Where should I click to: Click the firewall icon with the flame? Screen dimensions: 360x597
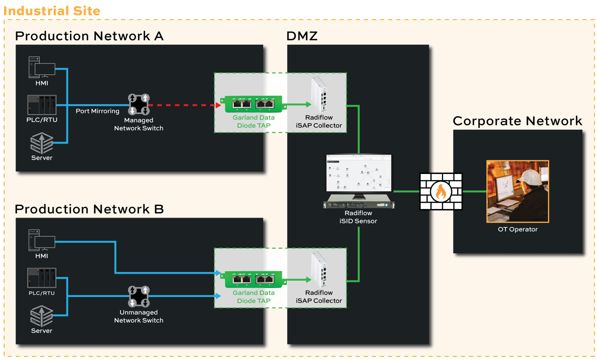tap(441, 192)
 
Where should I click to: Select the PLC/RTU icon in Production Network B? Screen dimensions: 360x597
tap(42, 278)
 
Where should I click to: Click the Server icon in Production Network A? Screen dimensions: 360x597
tap(42, 143)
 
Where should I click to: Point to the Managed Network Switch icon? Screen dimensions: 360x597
tap(139, 104)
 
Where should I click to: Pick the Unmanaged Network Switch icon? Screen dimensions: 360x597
tap(139, 296)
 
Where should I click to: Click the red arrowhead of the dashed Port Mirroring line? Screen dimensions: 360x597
tap(218, 105)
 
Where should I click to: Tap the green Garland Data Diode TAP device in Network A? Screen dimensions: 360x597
tap(254, 104)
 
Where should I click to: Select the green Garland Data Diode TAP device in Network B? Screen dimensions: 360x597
tap(254, 279)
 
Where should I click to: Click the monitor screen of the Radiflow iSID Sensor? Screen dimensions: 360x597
tap(359, 173)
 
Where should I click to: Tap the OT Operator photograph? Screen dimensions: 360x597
tap(517, 192)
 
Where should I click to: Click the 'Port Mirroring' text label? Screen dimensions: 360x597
tap(98, 111)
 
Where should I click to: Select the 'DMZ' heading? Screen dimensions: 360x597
tap(302, 36)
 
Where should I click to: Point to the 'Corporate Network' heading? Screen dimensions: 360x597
tap(517, 121)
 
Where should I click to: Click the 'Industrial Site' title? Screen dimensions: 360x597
tap(52, 11)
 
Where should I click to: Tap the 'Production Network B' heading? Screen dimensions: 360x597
tap(89, 209)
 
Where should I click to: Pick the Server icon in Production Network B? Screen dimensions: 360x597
tap(42, 316)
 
